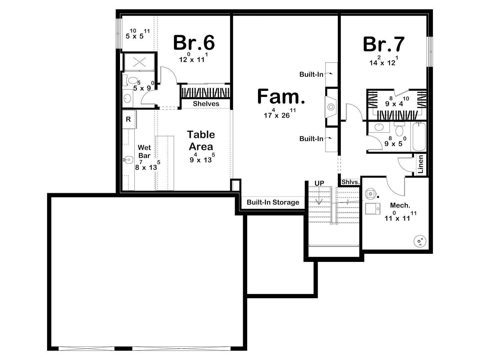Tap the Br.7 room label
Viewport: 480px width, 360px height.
pyautogui.click(x=384, y=44)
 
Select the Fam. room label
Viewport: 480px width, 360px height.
pyautogui.click(x=281, y=96)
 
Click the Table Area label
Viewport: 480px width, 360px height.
pyautogui.click(x=201, y=140)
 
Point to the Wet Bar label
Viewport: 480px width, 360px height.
pyautogui.click(x=144, y=151)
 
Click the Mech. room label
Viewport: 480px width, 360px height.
pyautogui.click(x=400, y=205)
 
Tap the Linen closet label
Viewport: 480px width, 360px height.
pyautogui.click(x=421, y=164)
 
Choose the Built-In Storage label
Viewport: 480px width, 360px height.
pyautogui.click(x=273, y=202)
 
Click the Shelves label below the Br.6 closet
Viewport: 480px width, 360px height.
pyautogui.click(x=206, y=103)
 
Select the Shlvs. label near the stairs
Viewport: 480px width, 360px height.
pyautogui.click(x=350, y=182)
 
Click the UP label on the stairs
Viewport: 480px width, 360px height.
pyautogui.click(x=319, y=183)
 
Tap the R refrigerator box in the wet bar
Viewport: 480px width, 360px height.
pyautogui.click(x=129, y=119)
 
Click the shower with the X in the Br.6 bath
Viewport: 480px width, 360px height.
pyautogui.click(x=139, y=62)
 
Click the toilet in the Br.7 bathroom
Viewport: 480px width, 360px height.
pyautogui.click(x=399, y=129)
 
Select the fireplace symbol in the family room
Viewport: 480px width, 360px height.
pyautogui.click(x=331, y=107)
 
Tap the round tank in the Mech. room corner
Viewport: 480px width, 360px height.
pyautogui.click(x=420, y=241)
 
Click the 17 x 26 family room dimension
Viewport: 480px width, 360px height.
pyautogui.click(x=280, y=114)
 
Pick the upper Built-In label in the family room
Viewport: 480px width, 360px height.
pyautogui.click(x=311, y=74)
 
